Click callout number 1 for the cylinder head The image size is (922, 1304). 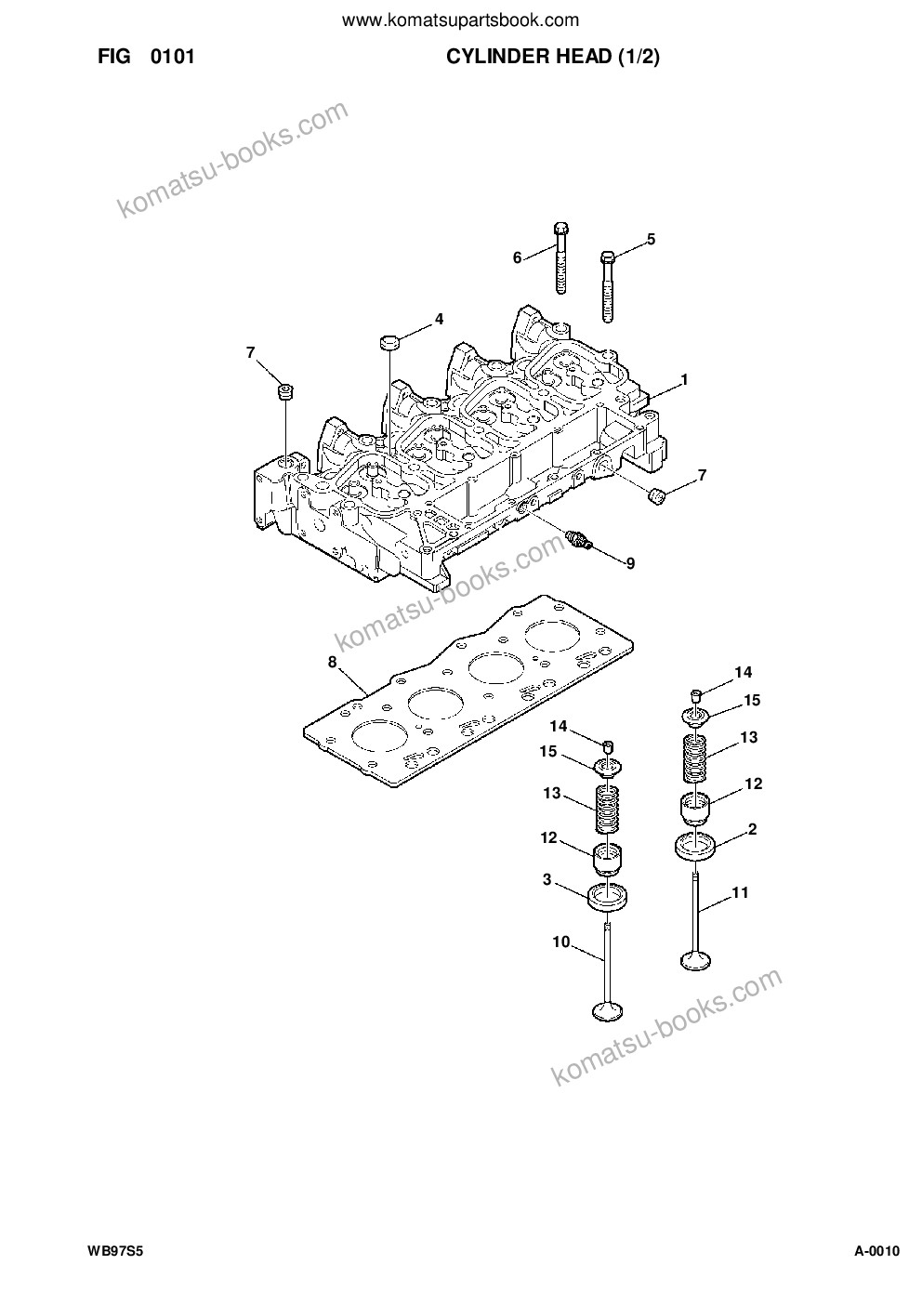pyautogui.click(x=684, y=379)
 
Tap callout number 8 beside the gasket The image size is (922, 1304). pyautogui.click(x=333, y=662)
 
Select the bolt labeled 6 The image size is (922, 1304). pyautogui.click(x=560, y=257)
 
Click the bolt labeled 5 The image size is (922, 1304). pyautogui.click(x=607, y=286)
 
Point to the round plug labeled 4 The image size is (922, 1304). pyautogui.click(x=390, y=342)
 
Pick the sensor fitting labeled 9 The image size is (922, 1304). pyautogui.click(x=579, y=540)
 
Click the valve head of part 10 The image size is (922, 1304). pyautogui.click(x=608, y=1010)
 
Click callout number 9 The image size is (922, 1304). pyautogui.click(x=630, y=563)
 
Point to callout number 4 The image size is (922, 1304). pyautogui.click(x=439, y=319)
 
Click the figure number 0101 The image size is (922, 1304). pyautogui.click(x=172, y=57)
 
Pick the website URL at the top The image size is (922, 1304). pyautogui.click(x=460, y=21)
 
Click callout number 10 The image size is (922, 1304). pyautogui.click(x=561, y=942)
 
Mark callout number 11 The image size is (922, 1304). pyautogui.click(x=740, y=892)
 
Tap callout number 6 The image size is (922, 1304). pyautogui.click(x=517, y=257)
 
